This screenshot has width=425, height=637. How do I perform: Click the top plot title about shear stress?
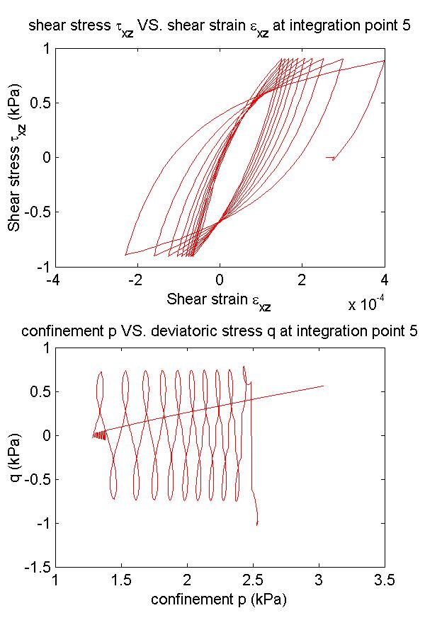click(220, 28)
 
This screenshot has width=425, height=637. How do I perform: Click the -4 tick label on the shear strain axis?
click(52, 280)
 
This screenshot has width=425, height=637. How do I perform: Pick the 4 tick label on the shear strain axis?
click(385, 280)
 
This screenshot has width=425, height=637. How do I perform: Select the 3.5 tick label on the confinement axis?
click(385, 580)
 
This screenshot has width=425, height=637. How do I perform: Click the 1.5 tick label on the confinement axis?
click(122, 580)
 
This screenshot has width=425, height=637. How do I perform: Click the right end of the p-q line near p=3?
click(323, 386)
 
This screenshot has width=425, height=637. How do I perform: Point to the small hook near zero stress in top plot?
click(332, 159)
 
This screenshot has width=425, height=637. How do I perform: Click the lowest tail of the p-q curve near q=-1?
click(256, 524)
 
